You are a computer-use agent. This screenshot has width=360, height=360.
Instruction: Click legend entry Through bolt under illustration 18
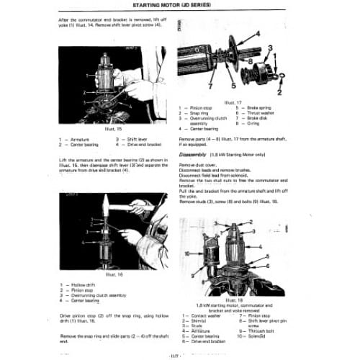point(264,330)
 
